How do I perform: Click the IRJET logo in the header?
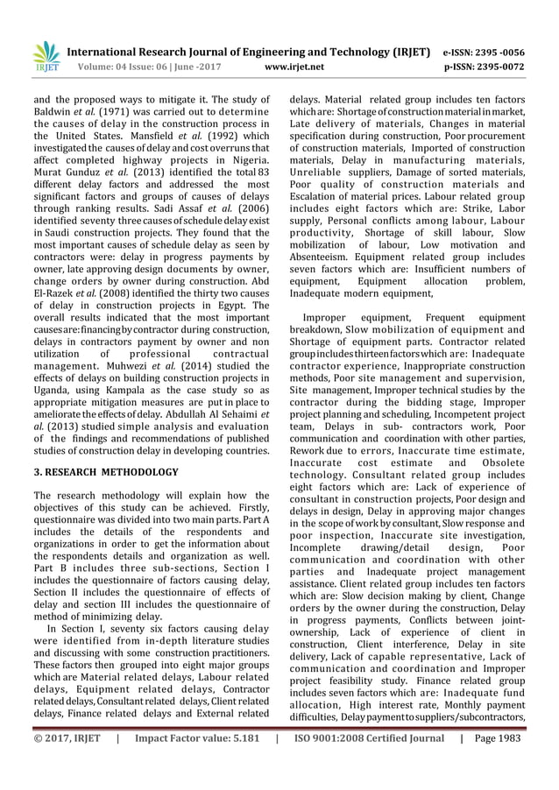45,54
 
